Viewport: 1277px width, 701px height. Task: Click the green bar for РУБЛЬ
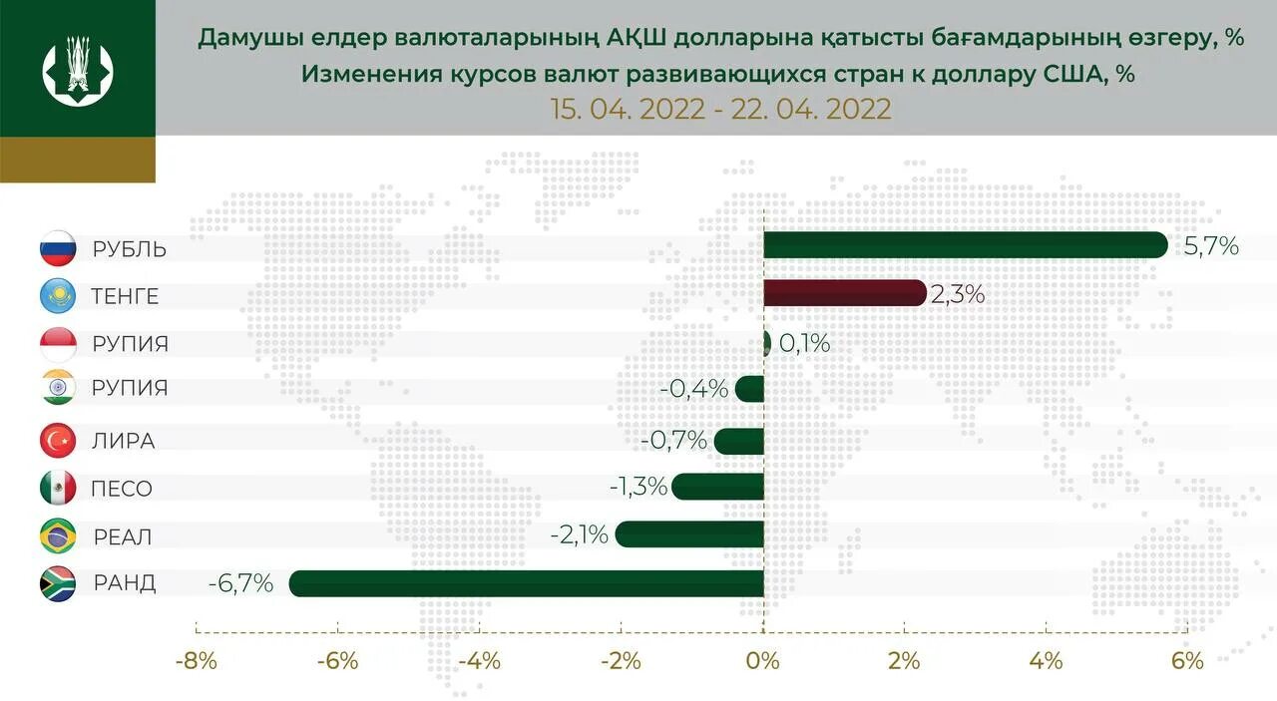coord(965,245)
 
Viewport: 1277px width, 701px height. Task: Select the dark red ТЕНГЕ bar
coord(845,293)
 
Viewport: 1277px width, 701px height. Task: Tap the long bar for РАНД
coord(526,583)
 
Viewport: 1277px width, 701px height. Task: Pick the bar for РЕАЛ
coord(689,534)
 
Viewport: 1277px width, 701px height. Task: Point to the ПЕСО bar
coord(717,487)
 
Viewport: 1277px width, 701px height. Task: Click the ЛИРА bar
coord(739,441)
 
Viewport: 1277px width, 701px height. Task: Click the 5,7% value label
coord(1211,245)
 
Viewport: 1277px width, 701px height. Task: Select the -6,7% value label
coord(240,583)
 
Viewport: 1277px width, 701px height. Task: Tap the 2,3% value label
coord(958,294)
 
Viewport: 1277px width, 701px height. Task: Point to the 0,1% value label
coord(804,344)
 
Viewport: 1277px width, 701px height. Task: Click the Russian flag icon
coord(57,248)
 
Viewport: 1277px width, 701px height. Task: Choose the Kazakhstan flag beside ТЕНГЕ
coord(57,295)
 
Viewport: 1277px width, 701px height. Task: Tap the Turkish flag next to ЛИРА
coord(57,440)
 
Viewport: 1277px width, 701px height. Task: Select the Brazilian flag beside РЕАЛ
coord(57,536)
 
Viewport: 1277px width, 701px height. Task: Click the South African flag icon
coord(57,583)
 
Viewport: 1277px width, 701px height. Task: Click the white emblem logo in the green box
coord(78,68)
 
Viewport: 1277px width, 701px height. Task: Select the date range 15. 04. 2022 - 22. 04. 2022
coord(720,109)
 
